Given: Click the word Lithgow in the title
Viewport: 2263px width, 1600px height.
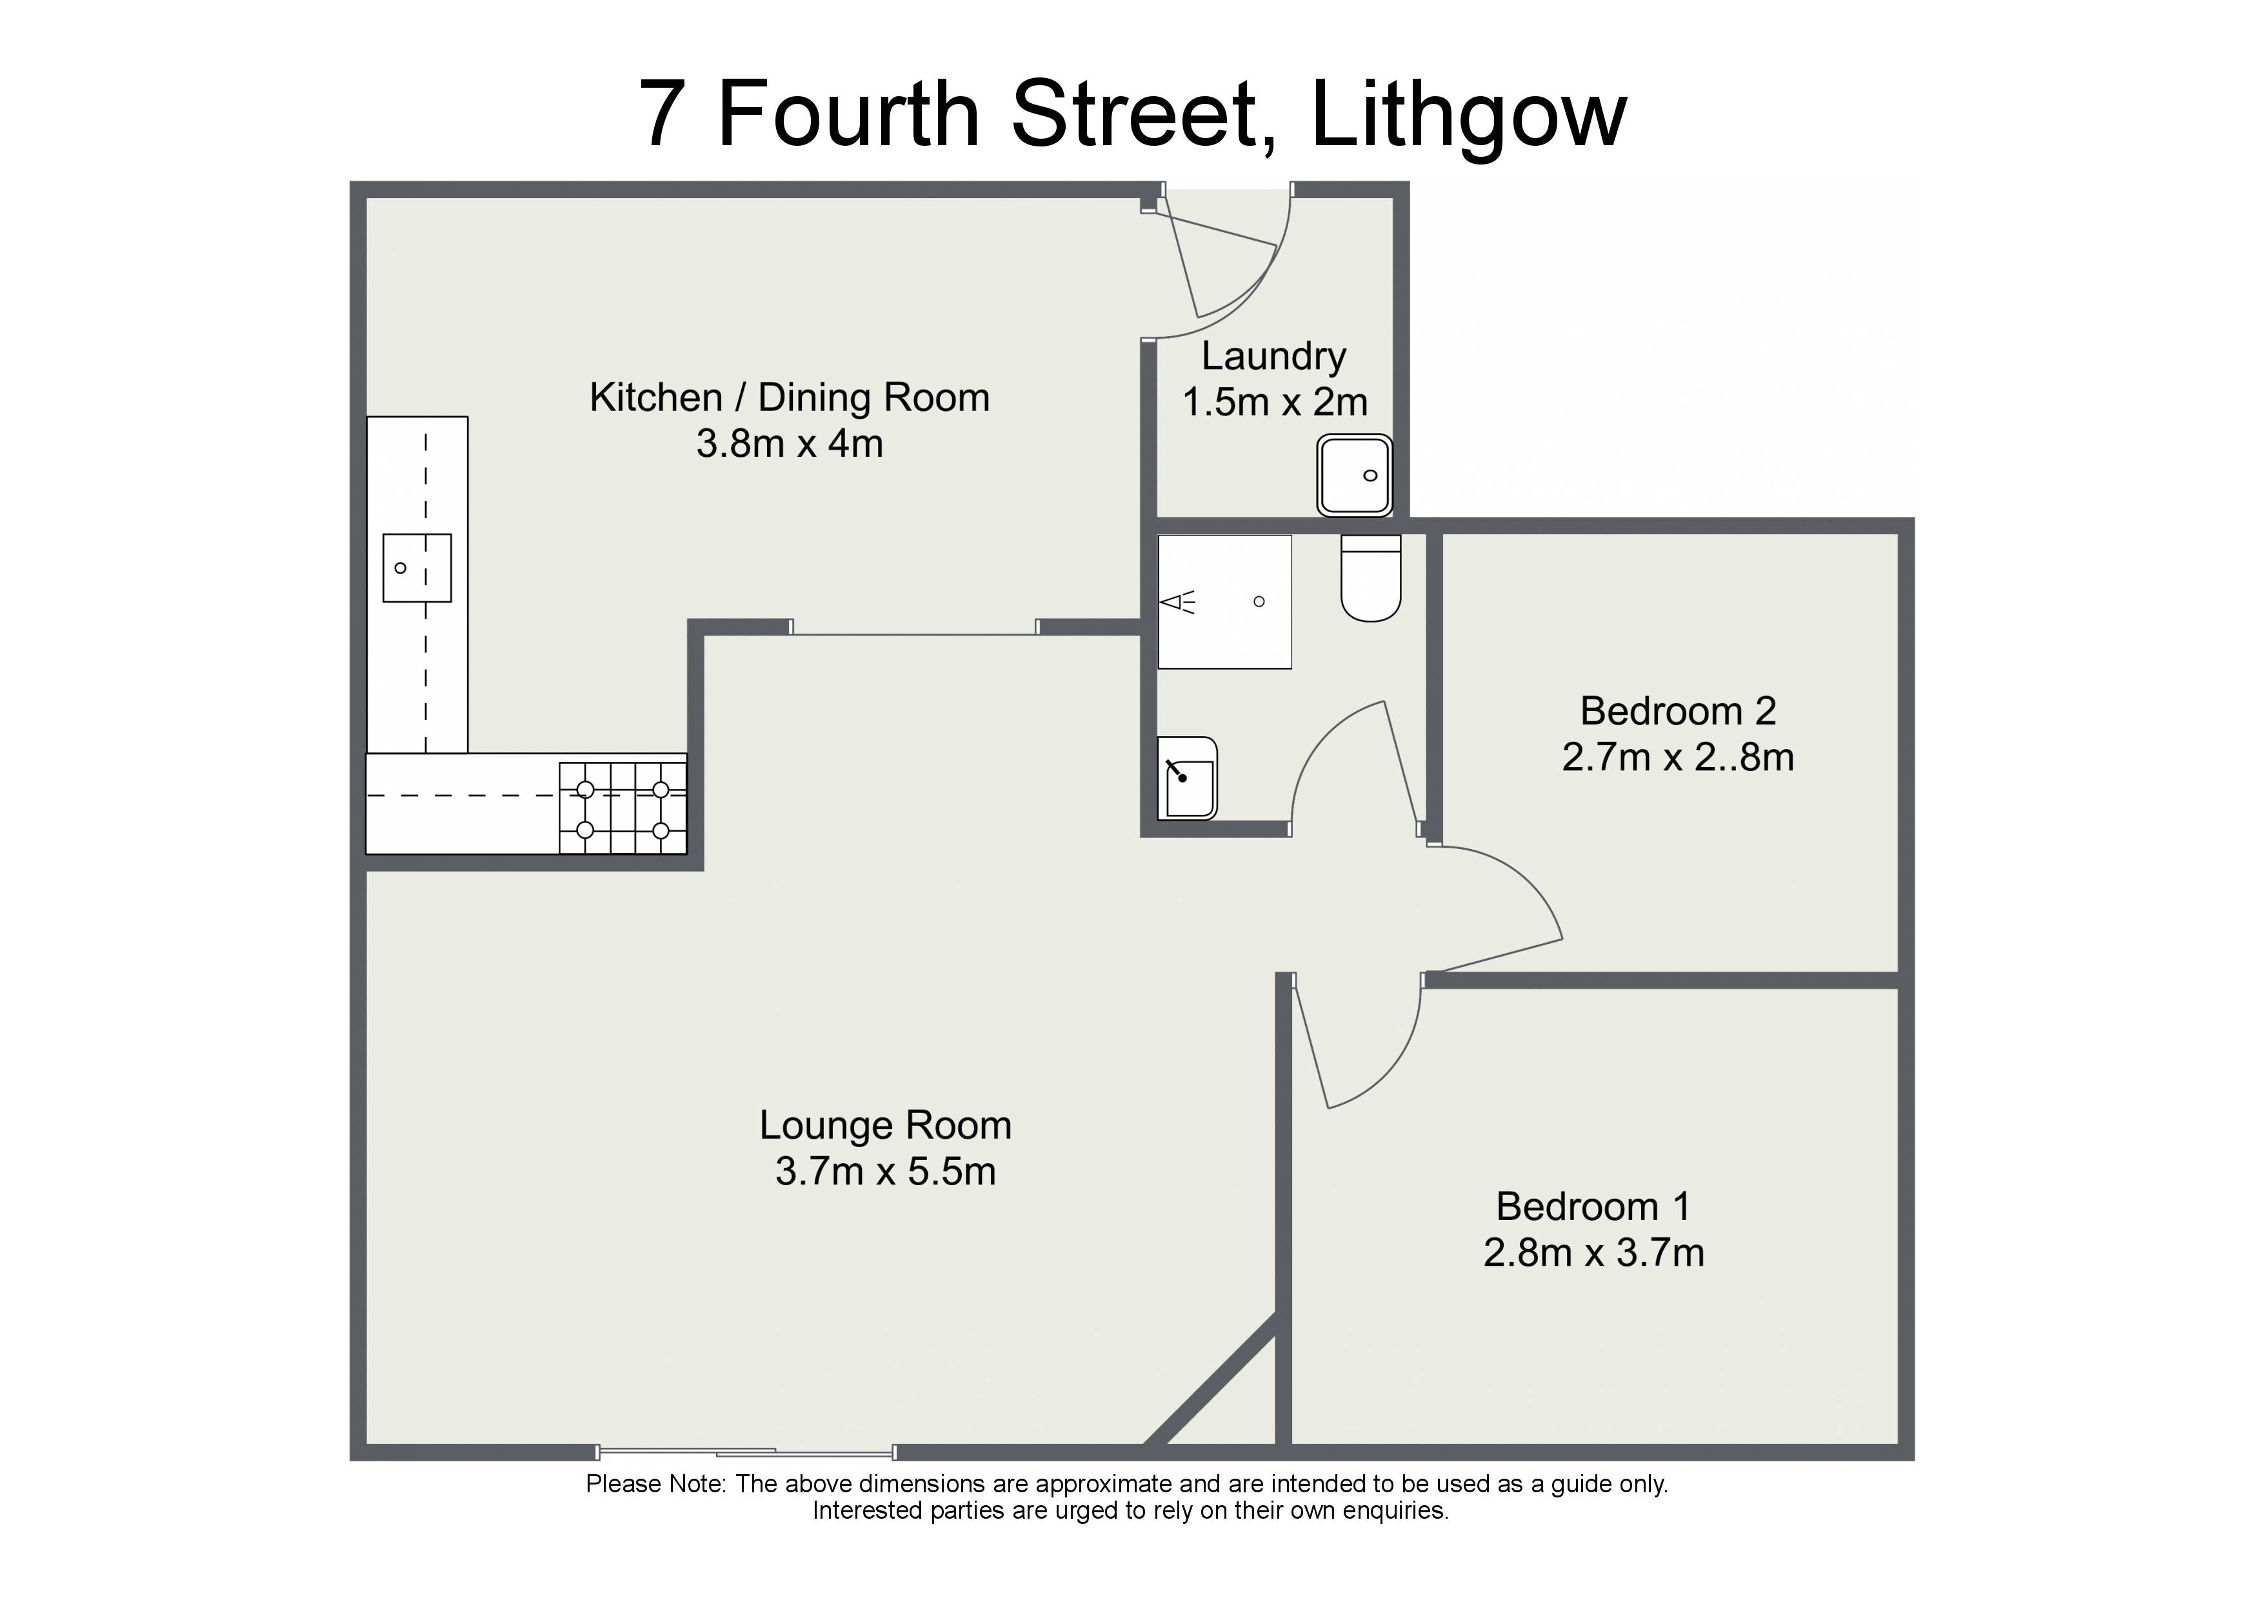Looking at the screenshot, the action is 1468,116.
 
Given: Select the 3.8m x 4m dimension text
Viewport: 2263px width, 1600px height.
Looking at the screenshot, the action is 790,444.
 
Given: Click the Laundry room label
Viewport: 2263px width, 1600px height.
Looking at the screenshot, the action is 1273,357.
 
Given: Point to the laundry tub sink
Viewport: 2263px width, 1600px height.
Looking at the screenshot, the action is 1355,475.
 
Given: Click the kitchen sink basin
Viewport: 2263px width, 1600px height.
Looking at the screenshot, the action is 417,568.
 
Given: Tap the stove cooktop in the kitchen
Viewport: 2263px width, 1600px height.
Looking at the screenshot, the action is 623,808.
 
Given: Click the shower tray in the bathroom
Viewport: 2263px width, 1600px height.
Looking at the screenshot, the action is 1224,601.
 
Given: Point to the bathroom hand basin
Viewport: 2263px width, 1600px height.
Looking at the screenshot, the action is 1188,778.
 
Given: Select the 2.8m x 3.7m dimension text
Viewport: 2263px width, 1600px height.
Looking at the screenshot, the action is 1594,1253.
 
